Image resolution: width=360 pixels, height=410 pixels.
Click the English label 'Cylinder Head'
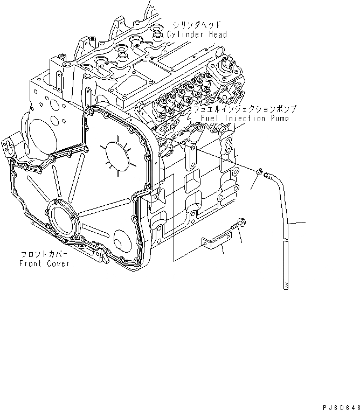tap(197, 34)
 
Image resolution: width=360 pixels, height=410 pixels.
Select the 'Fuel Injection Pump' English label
tap(244, 118)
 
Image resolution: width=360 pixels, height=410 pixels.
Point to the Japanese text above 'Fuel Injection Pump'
tap(243, 109)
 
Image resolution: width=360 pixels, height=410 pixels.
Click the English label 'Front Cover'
tap(44, 263)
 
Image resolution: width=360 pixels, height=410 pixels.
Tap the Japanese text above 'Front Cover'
tap(44, 254)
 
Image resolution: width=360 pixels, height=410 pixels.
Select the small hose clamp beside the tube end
tap(260, 172)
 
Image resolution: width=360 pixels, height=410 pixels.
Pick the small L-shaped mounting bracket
tap(215, 242)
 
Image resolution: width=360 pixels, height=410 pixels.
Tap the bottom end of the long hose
tap(286, 288)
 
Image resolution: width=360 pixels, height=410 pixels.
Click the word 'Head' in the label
tap(216, 34)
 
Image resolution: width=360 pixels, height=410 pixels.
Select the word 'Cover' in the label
tap(57, 263)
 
